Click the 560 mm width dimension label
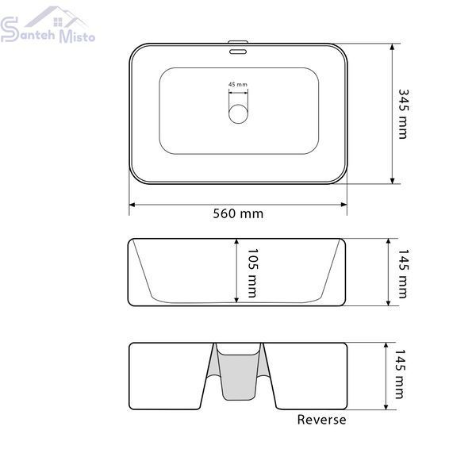click(238, 213)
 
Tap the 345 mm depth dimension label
click(404, 114)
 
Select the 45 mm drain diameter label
click(238, 84)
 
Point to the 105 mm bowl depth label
click(252, 273)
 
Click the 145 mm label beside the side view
click(404, 274)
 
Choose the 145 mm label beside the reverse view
click(400, 374)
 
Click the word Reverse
click(321, 420)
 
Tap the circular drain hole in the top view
click(238, 113)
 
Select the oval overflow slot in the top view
click(238, 52)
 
